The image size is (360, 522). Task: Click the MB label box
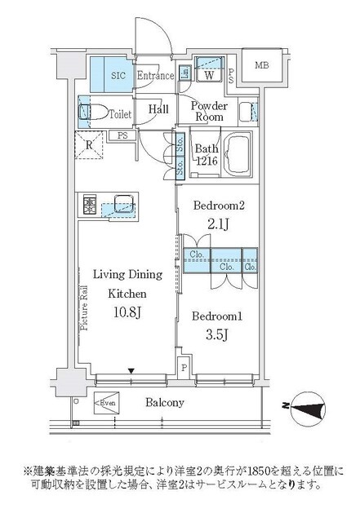coord(262,66)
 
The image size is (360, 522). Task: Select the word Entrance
coord(155,76)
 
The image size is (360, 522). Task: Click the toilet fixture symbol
coord(91,110)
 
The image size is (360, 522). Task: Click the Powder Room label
coord(211,110)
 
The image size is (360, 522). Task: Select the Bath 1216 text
coord(205,153)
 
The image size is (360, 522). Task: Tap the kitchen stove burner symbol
coord(88,203)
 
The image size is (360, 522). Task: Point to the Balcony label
coord(165,402)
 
